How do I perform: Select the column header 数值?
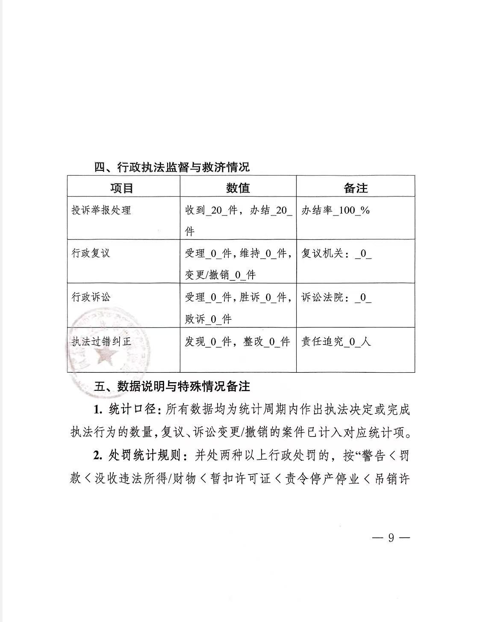pos(238,188)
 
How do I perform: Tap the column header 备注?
pos(356,188)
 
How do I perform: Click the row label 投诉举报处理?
pos(101,210)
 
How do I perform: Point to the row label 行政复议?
pos(91,253)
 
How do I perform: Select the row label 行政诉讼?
pos(91,297)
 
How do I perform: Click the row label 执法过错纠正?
pos(101,341)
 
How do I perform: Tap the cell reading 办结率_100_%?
pos(336,210)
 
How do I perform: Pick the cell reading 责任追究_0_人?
pos(336,341)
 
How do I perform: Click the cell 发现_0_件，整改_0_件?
pos(238,341)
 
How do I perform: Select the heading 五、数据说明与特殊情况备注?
pos(172,386)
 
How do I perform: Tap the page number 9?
pos(390,538)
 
